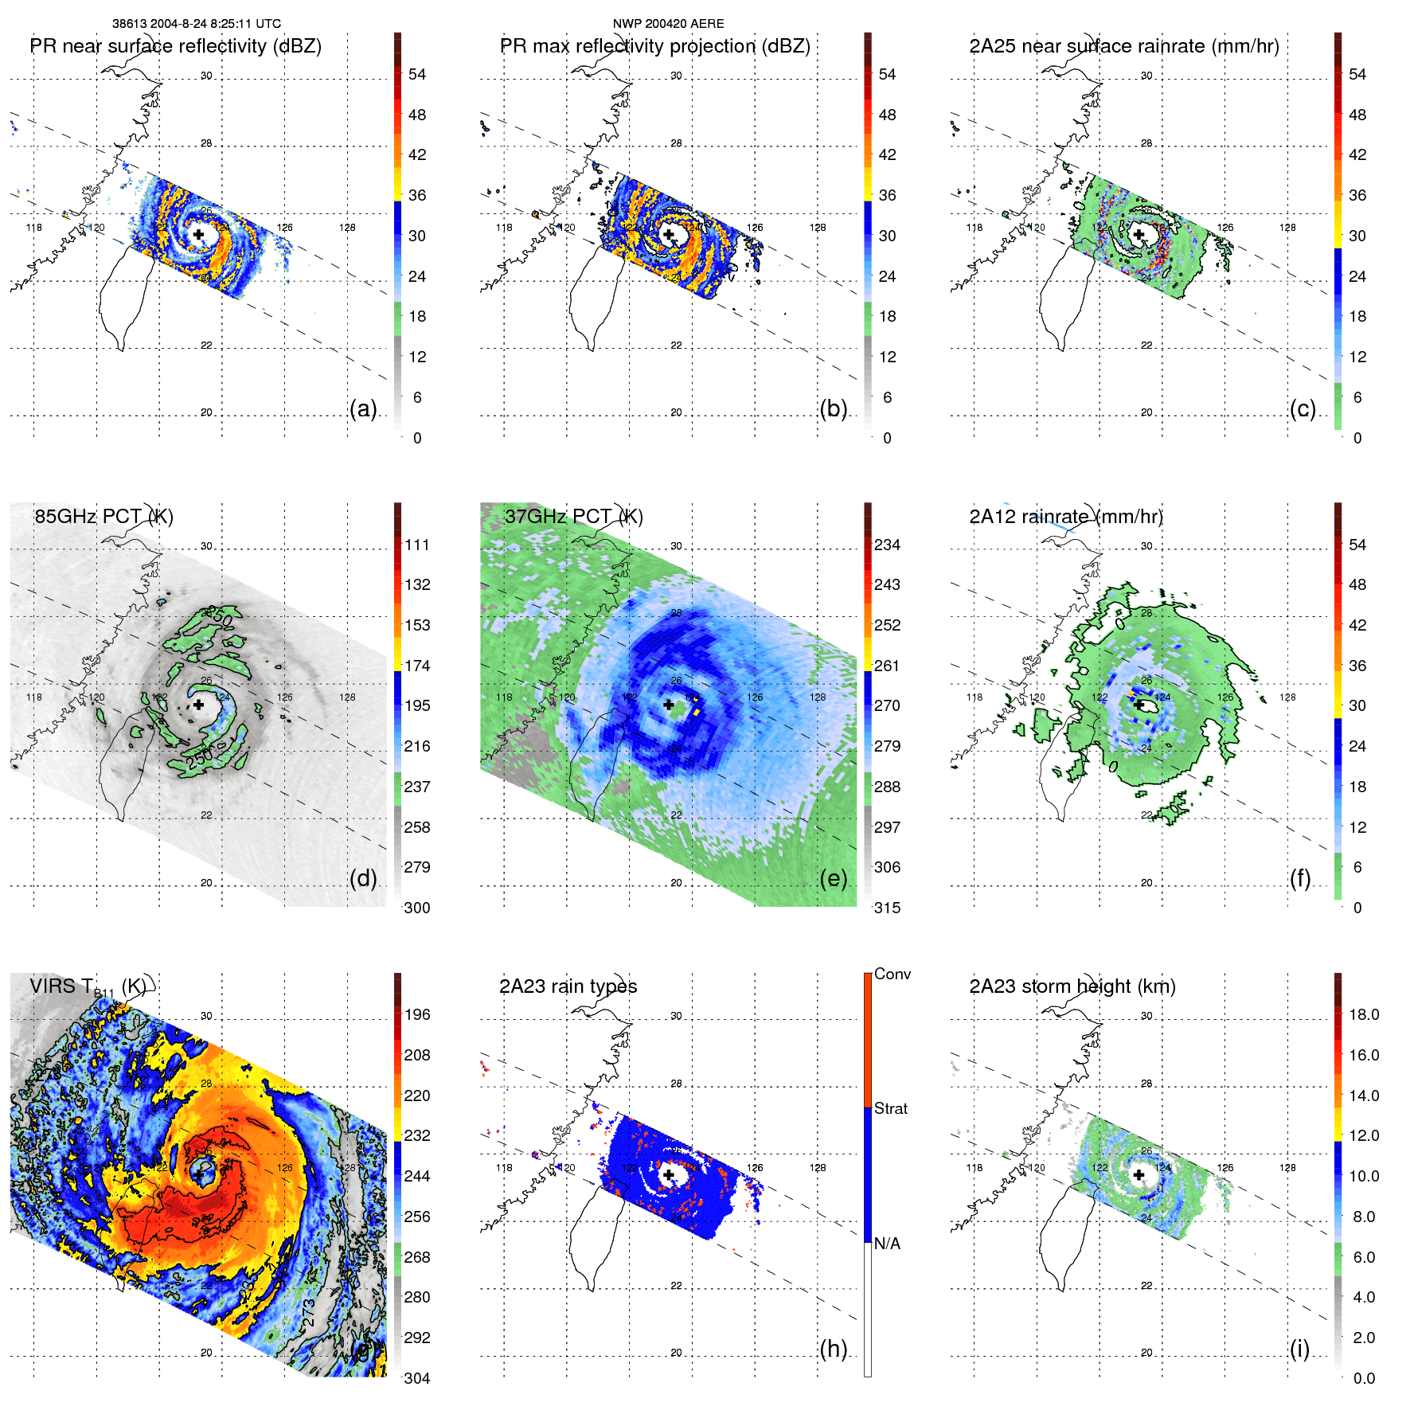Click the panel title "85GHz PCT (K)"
pyautogui.click(x=104, y=516)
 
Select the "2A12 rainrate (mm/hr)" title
pyautogui.click(x=1065, y=516)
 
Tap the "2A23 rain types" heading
pyautogui.click(x=568, y=986)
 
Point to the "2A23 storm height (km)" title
pyautogui.click(x=1072, y=986)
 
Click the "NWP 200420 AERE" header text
pyautogui.click(x=668, y=24)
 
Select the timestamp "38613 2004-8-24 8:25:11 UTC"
pyautogui.click(x=196, y=24)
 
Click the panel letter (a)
pyautogui.click(x=363, y=408)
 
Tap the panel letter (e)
pyautogui.click(x=833, y=878)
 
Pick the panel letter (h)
pyautogui.click(x=833, y=1349)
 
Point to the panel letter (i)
pyautogui.click(x=1299, y=1349)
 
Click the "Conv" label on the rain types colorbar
pyautogui.click(x=892, y=974)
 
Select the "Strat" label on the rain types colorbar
pyautogui.click(x=890, y=1108)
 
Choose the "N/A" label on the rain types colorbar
pyautogui.click(x=887, y=1244)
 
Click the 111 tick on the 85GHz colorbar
pyautogui.click(x=417, y=545)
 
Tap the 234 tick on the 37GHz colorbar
pyautogui.click(x=887, y=545)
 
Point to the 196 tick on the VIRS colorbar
pyautogui.click(x=417, y=1014)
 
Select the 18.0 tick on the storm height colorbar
pyautogui.click(x=1363, y=1014)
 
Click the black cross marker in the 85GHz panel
pyautogui.click(x=198, y=705)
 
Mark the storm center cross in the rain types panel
pyautogui.click(x=668, y=1174)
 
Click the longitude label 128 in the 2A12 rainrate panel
pyautogui.click(x=1287, y=697)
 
